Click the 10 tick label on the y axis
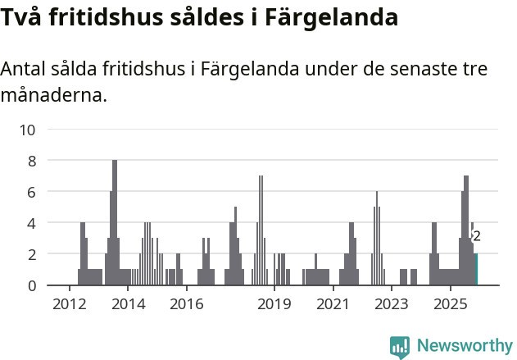28,130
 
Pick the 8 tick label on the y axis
32,161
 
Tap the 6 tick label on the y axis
32,192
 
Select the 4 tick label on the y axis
32,223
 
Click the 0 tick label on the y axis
32,285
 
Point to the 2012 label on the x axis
69,304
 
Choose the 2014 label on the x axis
128,304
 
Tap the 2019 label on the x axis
274,304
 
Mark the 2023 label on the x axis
392,304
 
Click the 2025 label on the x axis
450,304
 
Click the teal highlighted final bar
475,270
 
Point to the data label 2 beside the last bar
477,236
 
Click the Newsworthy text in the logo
465,346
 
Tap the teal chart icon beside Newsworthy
400,347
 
